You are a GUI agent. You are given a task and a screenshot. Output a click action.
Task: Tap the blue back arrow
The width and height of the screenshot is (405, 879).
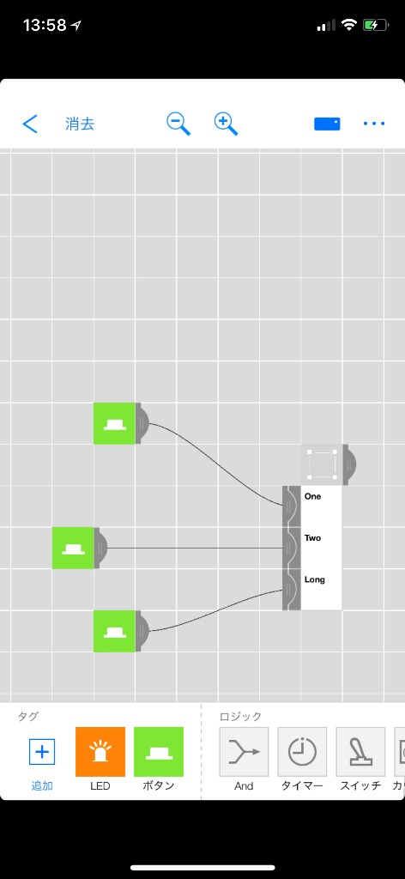point(30,124)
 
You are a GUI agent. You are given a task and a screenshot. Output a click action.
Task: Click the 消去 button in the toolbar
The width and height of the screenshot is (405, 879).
point(80,124)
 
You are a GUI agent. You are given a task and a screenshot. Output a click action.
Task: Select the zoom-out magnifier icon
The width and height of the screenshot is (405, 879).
point(178,124)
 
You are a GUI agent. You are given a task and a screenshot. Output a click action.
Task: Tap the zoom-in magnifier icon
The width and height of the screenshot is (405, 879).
point(226,124)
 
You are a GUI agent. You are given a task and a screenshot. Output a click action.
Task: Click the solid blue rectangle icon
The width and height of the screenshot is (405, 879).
point(327,124)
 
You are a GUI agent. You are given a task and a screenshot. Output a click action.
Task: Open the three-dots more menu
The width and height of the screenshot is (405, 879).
point(374,124)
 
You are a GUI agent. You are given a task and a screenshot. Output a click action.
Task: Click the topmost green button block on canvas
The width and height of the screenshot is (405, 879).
point(115,423)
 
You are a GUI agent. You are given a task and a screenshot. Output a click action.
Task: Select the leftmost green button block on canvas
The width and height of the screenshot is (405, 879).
point(73,548)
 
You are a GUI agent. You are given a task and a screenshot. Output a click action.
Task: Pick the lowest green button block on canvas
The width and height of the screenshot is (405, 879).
point(115,631)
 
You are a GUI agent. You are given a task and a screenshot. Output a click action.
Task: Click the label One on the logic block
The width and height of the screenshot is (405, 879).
point(312,496)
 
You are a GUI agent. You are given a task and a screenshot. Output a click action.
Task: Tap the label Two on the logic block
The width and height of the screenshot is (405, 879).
point(312,537)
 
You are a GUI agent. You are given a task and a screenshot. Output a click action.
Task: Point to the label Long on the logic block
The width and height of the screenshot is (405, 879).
point(314,579)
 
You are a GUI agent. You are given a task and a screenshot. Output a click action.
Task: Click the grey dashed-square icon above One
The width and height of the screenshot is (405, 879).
point(322,464)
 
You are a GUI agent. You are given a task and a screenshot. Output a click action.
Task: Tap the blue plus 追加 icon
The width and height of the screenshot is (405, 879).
point(42,752)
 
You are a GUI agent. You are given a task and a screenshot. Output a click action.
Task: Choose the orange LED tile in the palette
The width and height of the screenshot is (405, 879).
point(100,752)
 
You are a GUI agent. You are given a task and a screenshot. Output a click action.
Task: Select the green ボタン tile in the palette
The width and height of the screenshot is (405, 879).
point(159,752)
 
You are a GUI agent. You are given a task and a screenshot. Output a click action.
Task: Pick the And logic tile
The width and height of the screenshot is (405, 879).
point(244,752)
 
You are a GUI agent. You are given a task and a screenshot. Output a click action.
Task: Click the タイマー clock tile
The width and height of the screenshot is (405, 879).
point(303,752)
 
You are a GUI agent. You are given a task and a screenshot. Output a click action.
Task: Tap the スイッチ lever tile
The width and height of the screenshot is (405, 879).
point(360,752)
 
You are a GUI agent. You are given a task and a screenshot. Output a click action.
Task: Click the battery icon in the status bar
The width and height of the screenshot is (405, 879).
point(375,25)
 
